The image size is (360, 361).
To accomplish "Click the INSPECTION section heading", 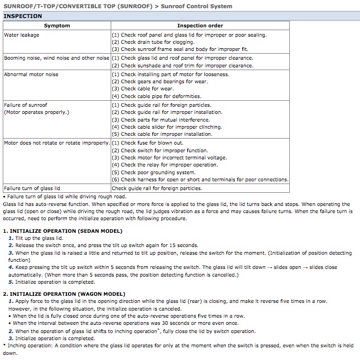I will coord(22,16).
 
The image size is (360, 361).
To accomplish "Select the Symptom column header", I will coord(57,26).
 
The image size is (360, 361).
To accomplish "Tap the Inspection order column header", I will coord(200,26).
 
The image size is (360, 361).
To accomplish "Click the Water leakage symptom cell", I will coord(22,35).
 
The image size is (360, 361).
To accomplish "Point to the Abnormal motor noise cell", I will coord(31,75).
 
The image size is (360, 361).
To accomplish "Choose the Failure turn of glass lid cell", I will coord(32,188).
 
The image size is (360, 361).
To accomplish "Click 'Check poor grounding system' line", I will coord(153,173).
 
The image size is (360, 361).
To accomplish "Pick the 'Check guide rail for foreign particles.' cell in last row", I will coord(157,188).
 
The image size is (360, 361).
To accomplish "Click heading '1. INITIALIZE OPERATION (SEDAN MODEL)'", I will coord(62,231).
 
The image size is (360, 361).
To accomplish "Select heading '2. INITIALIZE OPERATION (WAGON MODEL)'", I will coord(64,294).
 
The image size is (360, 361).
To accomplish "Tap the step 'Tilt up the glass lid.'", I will coord(39,238).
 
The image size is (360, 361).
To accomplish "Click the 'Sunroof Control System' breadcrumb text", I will coord(196,7).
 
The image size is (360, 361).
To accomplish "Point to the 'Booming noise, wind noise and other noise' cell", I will coord(57,58).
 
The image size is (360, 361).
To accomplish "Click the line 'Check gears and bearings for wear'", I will coord(159,82).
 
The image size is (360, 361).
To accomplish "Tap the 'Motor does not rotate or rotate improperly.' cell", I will coord(57,143).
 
